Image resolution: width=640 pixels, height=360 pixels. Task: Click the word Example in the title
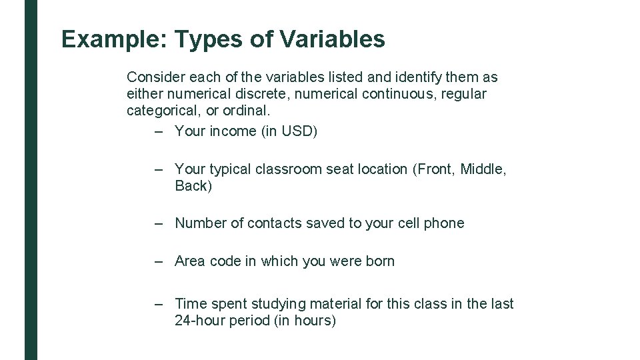[114, 39]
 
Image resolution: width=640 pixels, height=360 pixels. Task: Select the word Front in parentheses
[435, 169]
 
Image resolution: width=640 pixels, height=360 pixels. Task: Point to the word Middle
[483, 169]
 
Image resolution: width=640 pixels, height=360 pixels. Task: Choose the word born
[380, 261]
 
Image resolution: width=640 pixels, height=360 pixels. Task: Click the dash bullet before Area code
[159, 261]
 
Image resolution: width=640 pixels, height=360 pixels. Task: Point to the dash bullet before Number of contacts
[159, 223]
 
